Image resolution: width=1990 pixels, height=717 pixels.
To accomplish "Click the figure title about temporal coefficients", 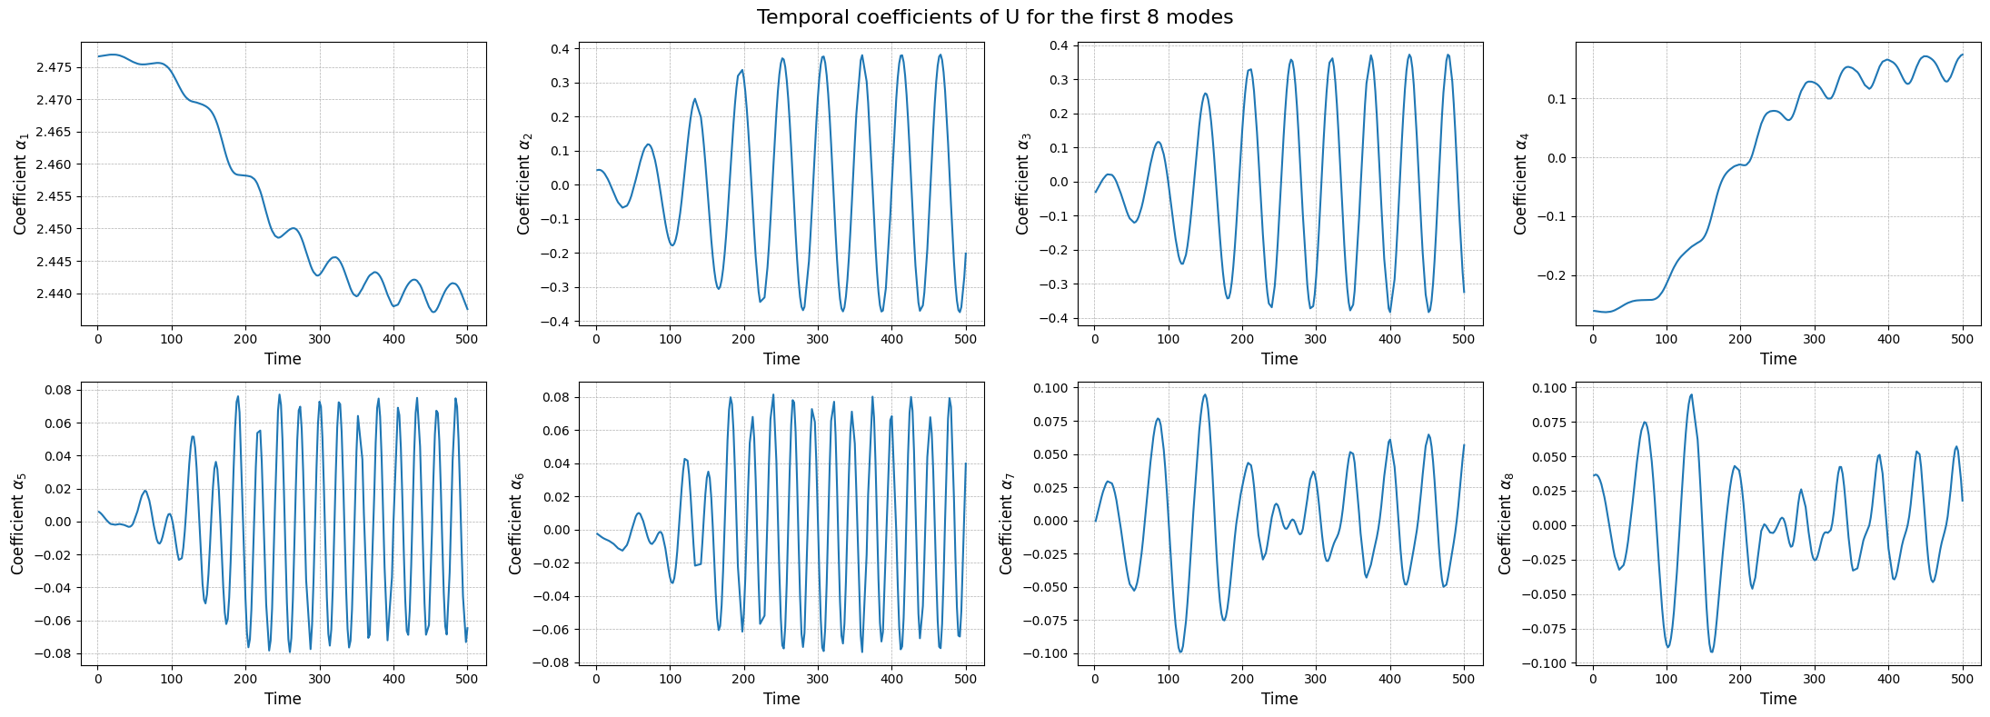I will click(x=994, y=17).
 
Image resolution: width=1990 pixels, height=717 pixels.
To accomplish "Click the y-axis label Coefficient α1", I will click(x=21, y=184).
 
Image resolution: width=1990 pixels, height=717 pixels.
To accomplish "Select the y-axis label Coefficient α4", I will click(x=1520, y=184).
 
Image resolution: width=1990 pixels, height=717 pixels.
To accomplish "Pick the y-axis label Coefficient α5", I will click(x=19, y=523).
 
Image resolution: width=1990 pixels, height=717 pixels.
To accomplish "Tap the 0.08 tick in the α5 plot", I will click(x=60, y=390).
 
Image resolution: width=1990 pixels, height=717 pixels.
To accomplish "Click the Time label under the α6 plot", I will click(x=781, y=699).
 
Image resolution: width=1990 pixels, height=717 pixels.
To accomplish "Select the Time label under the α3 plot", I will click(x=1279, y=359).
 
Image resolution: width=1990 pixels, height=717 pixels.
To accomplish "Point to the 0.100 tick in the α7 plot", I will click(x=1053, y=388).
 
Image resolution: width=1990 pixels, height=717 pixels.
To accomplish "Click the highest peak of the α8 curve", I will click(x=1691, y=394).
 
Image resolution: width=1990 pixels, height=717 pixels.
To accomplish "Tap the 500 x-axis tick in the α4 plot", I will click(x=1963, y=339).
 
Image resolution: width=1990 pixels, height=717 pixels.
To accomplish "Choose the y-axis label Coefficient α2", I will click(x=523, y=184).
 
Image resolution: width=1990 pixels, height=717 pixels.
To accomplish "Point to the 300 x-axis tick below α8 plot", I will click(x=1815, y=679).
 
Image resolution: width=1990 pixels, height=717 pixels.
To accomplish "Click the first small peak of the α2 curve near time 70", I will click(x=648, y=144).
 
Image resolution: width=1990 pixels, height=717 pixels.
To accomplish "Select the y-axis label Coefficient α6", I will click(x=516, y=523).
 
